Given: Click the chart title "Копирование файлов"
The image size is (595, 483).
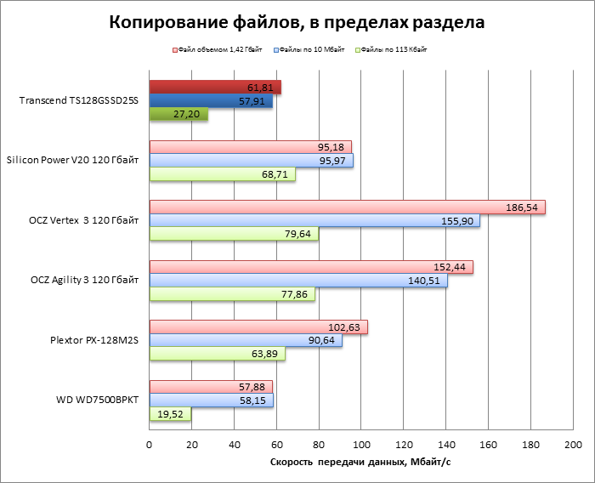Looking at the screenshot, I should click(x=297, y=23).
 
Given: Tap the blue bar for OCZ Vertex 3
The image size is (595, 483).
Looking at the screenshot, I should click(x=314, y=220).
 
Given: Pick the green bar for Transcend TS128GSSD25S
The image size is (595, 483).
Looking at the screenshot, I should click(x=178, y=114).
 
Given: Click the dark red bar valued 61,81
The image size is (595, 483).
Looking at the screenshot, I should click(x=214, y=88).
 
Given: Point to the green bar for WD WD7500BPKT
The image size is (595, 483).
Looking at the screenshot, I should click(x=170, y=414).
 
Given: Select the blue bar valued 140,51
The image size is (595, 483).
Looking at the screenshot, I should click(x=297, y=281).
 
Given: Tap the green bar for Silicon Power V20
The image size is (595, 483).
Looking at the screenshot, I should click(x=222, y=174).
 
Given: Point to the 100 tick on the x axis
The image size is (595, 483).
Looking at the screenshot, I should click(x=361, y=445).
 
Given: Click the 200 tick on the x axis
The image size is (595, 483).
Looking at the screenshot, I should click(x=573, y=445).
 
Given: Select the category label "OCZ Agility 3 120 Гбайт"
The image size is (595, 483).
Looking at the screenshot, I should click(x=79, y=281).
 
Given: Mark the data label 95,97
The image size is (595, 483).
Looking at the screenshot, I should click(x=335, y=161).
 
